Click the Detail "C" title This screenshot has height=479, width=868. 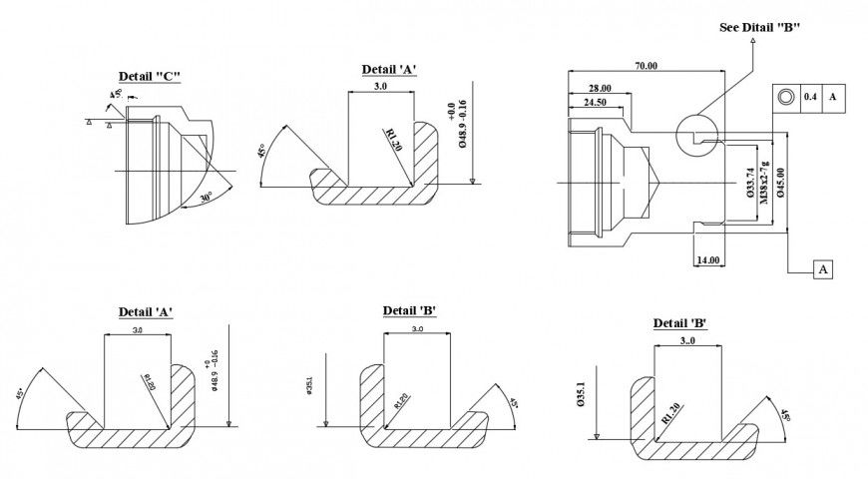pyautogui.click(x=150, y=77)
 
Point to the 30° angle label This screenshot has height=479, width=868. pyautogui.click(x=205, y=198)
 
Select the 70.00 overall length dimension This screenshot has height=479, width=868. pyautogui.click(x=646, y=66)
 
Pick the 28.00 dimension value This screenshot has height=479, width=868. pyautogui.click(x=600, y=88)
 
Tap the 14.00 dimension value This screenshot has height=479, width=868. pyautogui.click(x=708, y=259)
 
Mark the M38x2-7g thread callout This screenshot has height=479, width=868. pyautogui.click(x=765, y=183)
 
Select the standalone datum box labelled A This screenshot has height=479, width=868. pyautogui.click(x=823, y=270)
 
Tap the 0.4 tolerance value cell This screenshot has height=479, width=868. pyautogui.click(x=810, y=97)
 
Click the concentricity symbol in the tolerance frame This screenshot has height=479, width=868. pyautogui.click(x=785, y=97)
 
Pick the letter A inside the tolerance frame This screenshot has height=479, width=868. pyautogui.click(x=832, y=97)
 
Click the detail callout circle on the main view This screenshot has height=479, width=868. pyautogui.click(x=694, y=133)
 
